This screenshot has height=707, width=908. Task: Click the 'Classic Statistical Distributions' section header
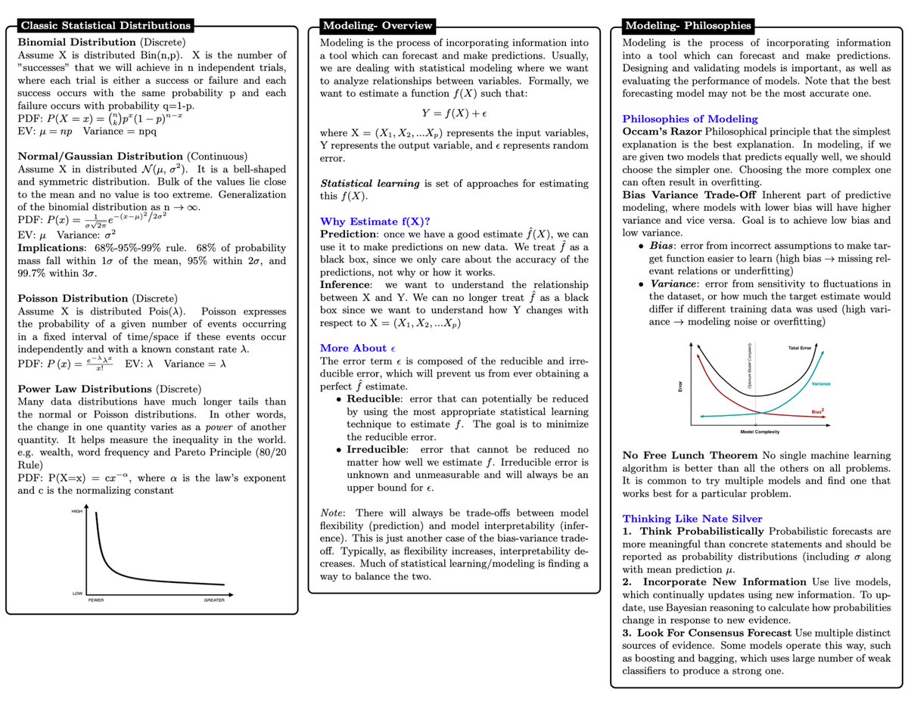(104, 26)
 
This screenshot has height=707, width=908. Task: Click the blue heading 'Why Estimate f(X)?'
(375, 222)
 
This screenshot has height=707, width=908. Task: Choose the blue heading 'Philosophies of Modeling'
(689, 119)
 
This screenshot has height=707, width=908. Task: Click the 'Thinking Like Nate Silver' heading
(692, 519)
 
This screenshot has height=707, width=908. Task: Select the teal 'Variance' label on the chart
(821, 384)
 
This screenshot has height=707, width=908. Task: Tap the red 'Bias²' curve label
(819, 411)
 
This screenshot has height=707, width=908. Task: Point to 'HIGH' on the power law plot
(76, 512)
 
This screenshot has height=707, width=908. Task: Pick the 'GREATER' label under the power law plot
(214, 600)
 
